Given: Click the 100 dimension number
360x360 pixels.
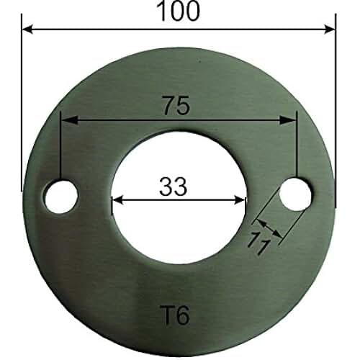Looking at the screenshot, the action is [x=178, y=11].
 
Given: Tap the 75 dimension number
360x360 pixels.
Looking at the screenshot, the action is [x=176, y=105].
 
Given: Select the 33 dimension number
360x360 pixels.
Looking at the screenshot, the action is [x=173, y=186].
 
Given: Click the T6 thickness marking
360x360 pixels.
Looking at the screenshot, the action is [x=174, y=315].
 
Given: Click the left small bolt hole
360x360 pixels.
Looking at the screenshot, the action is [x=61, y=196].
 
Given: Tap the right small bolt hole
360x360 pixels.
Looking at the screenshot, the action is [x=295, y=194].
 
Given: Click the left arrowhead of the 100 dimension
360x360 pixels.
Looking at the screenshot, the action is [x=27, y=30].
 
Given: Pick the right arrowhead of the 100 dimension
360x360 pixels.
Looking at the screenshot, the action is [x=329, y=30].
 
